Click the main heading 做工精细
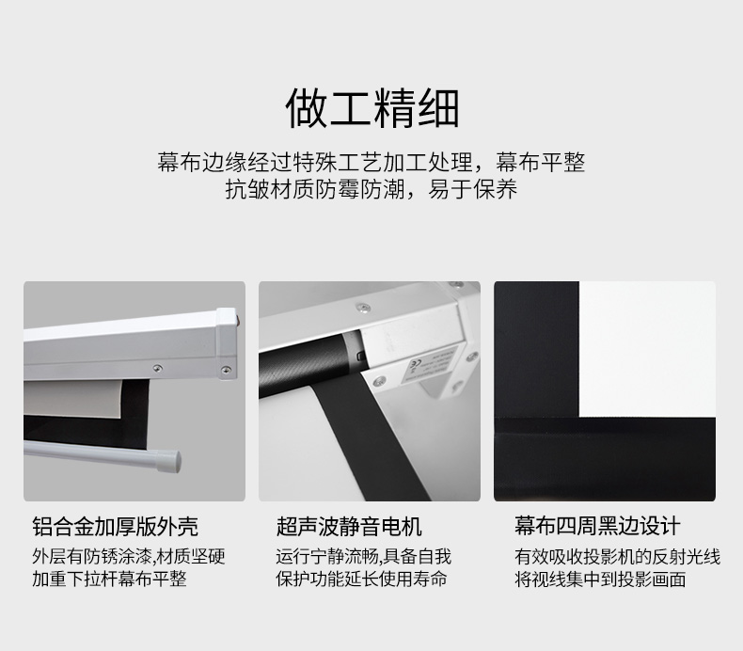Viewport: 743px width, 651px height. point(372,108)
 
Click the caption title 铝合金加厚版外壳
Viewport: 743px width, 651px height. point(115,526)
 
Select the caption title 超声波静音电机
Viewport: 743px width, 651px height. point(349,526)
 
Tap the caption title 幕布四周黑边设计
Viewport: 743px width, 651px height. point(597,526)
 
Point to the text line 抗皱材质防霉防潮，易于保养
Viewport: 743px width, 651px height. point(371,189)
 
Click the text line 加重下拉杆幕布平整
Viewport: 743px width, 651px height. point(109,579)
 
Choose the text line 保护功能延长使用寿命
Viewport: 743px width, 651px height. point(361,579)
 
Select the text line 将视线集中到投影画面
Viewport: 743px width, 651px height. point(600,579)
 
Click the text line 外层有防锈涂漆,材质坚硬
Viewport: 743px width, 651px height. point(129,556)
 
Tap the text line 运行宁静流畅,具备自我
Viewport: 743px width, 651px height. point(363,556)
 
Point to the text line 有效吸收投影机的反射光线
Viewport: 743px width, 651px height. point(617,556)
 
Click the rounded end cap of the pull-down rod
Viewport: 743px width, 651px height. point(171,460)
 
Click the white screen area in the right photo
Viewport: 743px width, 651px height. point(647,349)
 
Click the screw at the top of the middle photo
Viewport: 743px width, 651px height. point(363,309)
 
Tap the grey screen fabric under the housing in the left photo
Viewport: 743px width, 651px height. point(73,399)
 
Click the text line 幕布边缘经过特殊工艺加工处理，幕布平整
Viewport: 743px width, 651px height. point(371,162)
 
